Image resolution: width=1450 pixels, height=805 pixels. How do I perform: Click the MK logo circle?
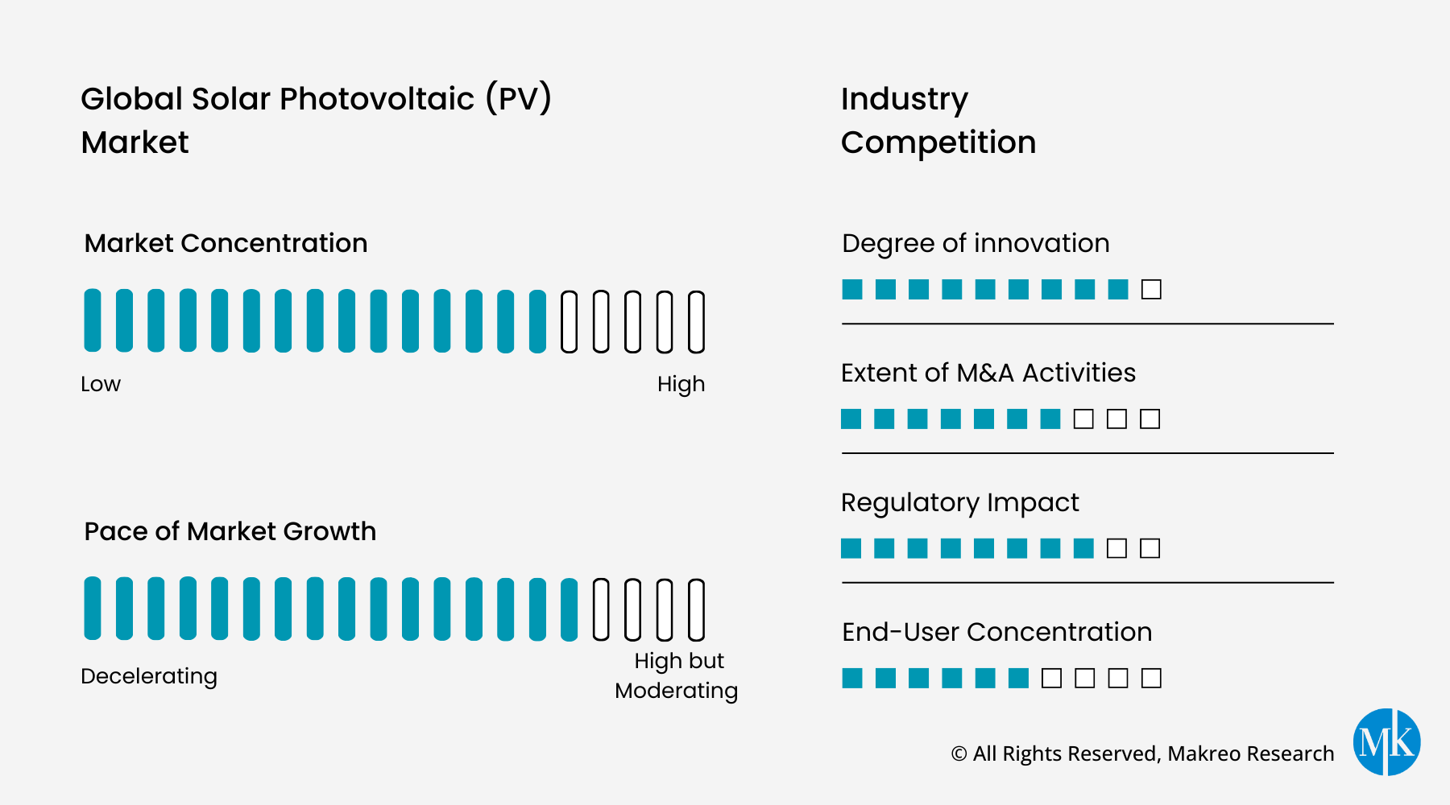(x=1386, y=741)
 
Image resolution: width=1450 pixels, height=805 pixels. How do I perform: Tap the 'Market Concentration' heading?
(x=226, y=243)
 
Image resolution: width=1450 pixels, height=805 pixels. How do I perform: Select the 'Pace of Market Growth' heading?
(x=230, y=531)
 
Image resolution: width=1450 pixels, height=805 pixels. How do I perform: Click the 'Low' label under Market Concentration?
(x=101, y=384)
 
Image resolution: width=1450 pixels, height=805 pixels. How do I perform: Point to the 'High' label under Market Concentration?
(x=681, y=384)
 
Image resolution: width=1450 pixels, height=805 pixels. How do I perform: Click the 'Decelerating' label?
(x=149, y=676)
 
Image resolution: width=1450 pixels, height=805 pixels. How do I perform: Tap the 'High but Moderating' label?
(x=677, y=675)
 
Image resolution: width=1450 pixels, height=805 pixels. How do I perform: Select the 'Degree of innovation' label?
(x=976, y=243)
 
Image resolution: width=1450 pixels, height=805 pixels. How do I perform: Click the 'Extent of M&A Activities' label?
(x=988, y=373)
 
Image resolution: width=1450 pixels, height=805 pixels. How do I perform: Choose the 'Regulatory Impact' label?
(x=959, y=502)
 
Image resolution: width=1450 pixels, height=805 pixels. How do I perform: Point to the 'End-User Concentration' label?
(x=996, y=632)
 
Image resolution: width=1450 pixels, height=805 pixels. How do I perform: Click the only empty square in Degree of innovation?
(x=1151, y=289)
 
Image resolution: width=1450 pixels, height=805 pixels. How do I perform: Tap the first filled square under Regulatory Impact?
(x=851, y=548)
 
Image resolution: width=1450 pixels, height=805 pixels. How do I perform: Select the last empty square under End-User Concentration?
(x=1151, y=678)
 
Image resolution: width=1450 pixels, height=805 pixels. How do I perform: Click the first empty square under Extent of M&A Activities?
(x=1083, y=419)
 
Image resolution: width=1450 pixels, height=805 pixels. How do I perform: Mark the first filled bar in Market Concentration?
(x=93, y=320)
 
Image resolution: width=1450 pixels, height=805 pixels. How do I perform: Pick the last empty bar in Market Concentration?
(x=696, y=322)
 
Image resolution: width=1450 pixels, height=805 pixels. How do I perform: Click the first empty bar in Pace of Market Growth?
(x=601, y=609)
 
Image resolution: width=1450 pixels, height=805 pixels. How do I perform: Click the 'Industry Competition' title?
(x=938, y=121)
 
